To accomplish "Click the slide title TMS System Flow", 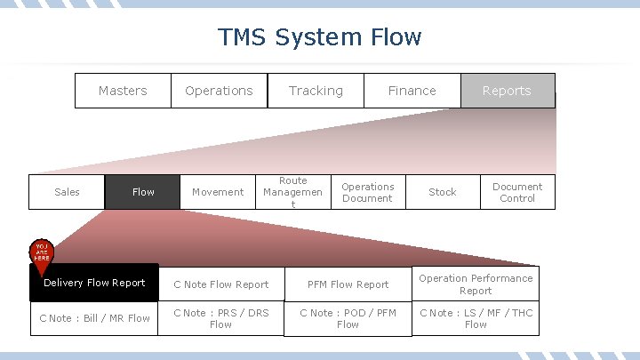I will (x=320, y=37).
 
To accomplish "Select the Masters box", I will (x=123, y=91).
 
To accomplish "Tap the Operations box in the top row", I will (x=219, y=91).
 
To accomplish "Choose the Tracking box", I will (x=316, y=91).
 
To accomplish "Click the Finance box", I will (x=412, y=91).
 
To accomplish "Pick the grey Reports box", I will (x=507, y=91).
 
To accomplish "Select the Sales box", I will (x=67, y=192).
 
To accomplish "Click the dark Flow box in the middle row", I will (x=143, y=192).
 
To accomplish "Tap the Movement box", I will (x=218, y=192).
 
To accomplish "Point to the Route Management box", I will (x=292, y=192).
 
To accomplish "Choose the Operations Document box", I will (x=367, y=192).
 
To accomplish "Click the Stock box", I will (x=442, y=192).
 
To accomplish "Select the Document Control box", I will (x=517, y=192).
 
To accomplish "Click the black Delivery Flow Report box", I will (x=94, y=283).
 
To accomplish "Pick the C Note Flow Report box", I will (x=220, y=284).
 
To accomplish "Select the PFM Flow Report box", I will (x=348, y=284).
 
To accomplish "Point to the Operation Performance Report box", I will (x=476, y=284).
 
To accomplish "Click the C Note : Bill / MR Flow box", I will (x=94, y=318).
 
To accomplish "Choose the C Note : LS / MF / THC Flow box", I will (x=476, y=318).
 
